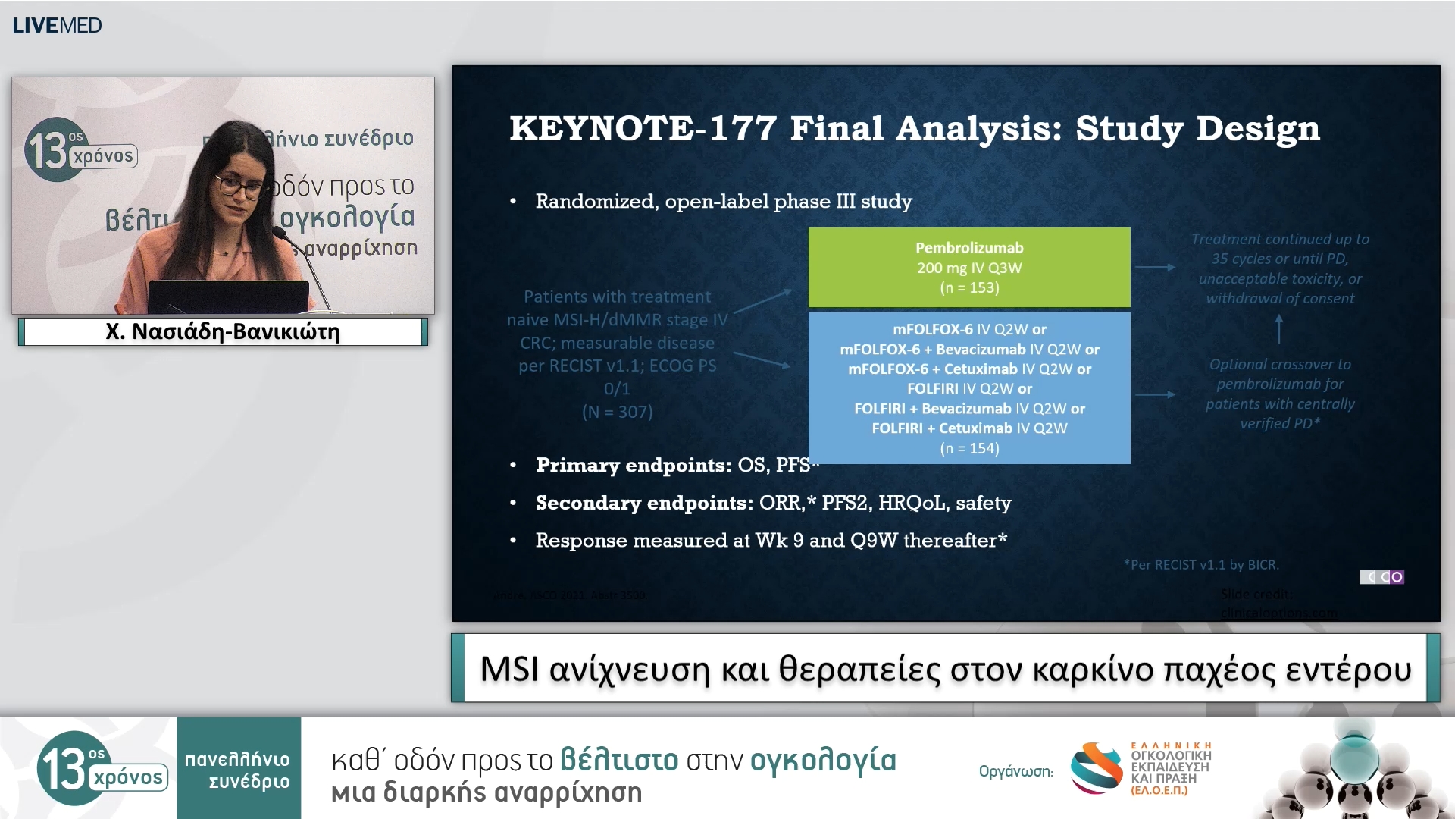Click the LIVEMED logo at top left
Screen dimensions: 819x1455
tap(57, 26)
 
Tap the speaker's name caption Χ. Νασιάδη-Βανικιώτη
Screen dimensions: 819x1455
tap(223, 332)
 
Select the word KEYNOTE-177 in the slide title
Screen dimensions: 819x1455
tap(643, 128)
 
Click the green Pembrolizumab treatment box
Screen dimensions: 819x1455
tap(968, 268)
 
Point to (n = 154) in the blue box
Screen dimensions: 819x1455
tap(969, 448)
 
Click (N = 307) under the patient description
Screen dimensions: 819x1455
tap(617, 412)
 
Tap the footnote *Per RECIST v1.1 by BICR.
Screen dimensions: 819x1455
tap(1201, 565)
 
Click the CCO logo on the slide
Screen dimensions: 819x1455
tap(1381, 577)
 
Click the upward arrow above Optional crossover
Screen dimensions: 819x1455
tap(1279, 329)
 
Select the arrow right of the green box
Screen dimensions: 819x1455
tap(1154, 267)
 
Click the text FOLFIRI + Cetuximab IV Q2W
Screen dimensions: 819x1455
tap(969, 428)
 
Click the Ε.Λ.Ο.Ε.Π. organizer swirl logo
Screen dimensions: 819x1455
tap(1096, 767)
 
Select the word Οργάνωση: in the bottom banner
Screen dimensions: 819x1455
tap(1015, 772)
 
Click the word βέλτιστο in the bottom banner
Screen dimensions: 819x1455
tap(618, 760)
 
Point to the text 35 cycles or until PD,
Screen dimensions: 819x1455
tap(1279, 259)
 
